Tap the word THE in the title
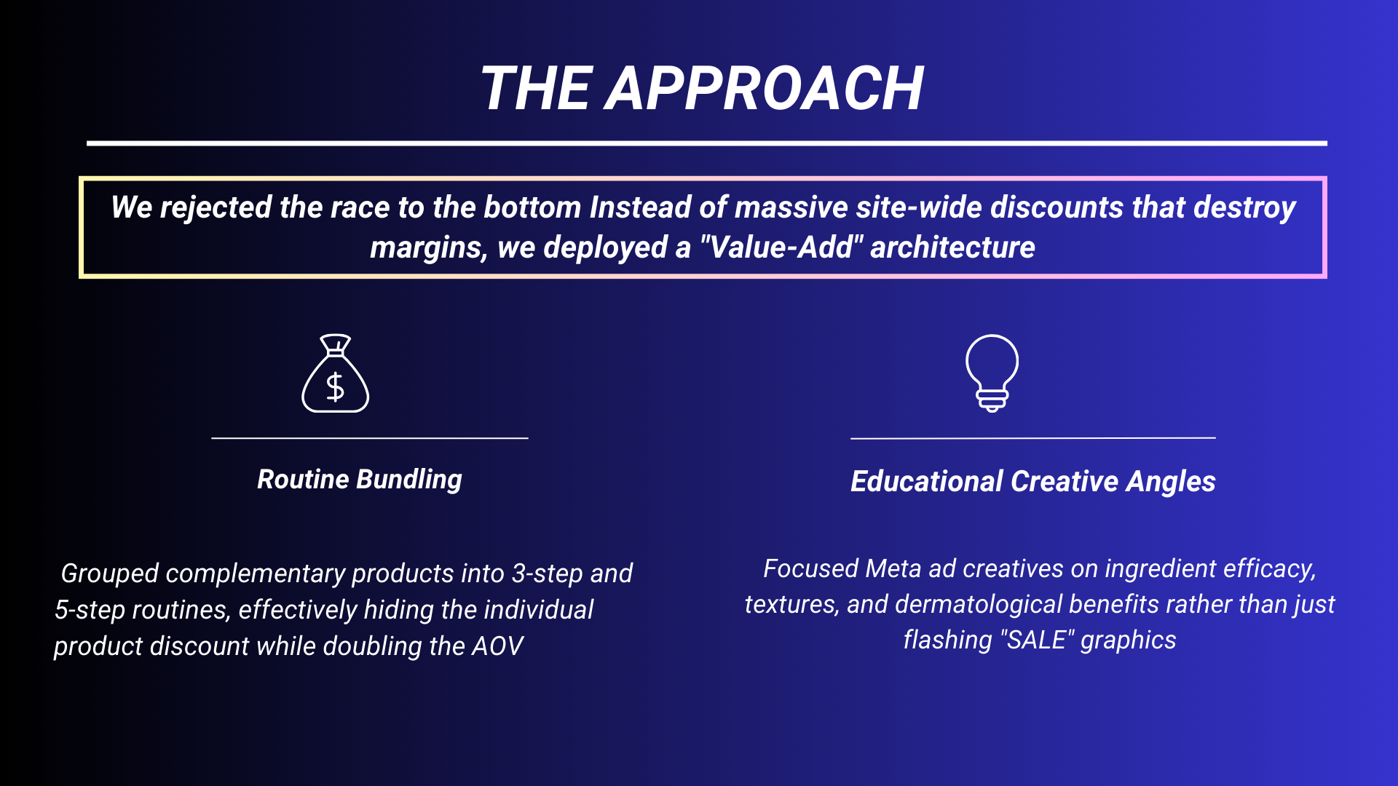[535, 89]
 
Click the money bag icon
[336, 373]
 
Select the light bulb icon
[992, 373]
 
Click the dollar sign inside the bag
[335, 386]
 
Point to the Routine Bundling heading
[360, 480]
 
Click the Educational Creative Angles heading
[1032, 482]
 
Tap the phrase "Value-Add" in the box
[781, 247]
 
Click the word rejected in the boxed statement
[216, 207]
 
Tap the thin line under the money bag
[369, 438]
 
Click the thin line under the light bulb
[1032, 438]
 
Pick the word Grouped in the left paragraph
[109, 573]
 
